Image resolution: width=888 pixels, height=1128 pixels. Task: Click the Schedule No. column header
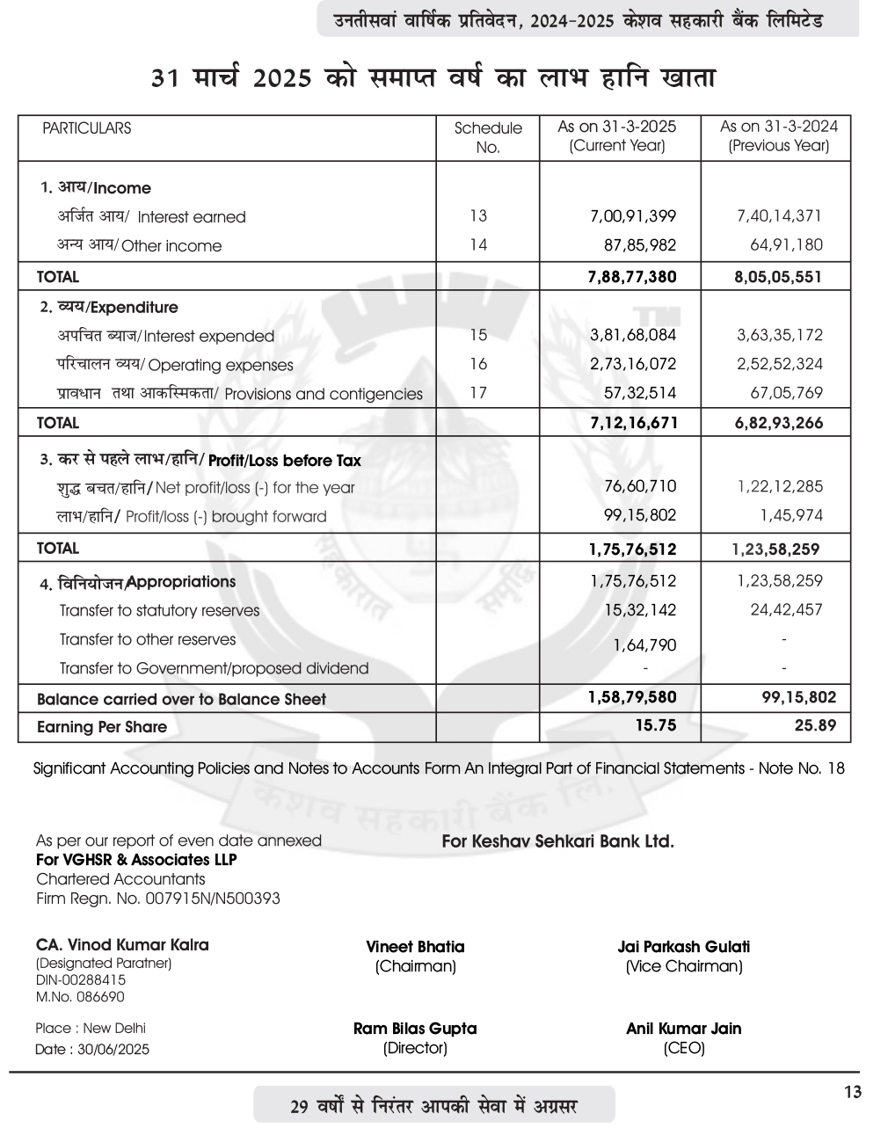point(488,137)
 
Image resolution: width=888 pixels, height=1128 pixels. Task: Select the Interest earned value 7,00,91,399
point(633,216)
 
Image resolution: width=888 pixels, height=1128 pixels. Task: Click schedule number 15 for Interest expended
point(478,335)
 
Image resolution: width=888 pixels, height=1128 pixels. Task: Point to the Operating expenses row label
point(175,365)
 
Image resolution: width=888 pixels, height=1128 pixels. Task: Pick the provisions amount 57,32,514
point(639,393)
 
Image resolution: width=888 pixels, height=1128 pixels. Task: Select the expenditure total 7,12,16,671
point(633,423)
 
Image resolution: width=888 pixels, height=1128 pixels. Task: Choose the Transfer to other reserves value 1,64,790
point(644,645)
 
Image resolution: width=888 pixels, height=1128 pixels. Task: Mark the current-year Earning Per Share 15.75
point(655,726)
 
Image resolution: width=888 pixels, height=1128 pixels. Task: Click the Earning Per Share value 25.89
point(815,726)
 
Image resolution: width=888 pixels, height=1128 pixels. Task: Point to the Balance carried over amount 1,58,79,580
point(632,698)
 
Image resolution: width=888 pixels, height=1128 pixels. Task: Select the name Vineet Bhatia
point(415,947)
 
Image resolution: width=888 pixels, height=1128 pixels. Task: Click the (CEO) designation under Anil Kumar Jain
point(684,1048)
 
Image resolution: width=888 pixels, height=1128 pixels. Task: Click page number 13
point(852,1093)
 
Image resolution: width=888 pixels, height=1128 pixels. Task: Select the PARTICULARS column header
point(86,128)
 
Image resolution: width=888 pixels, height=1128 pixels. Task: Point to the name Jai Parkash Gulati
point(684,947)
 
